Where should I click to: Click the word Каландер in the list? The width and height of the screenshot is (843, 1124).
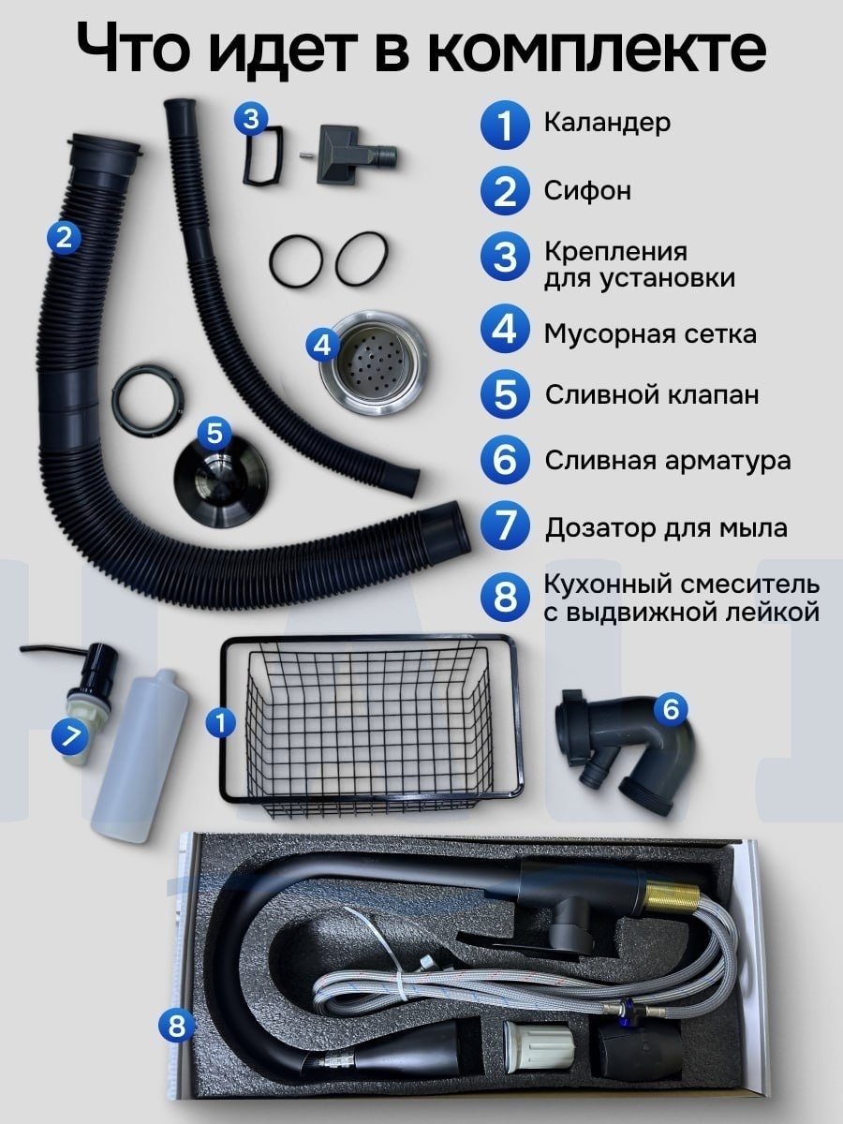607,123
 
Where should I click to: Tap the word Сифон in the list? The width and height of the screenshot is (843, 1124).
587,191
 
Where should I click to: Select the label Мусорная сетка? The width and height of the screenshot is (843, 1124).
650,334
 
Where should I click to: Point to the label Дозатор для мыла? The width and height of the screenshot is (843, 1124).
666,528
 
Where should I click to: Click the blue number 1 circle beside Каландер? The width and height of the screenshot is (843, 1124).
504,125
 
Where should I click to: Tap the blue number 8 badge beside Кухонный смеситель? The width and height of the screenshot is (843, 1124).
504,597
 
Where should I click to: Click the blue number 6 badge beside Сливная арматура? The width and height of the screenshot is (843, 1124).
504,459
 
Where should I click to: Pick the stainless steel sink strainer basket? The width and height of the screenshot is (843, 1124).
373,362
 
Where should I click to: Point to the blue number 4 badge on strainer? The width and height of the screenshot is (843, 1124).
322,347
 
